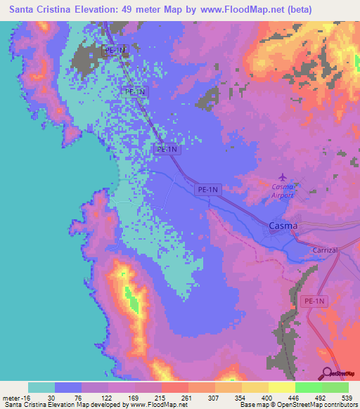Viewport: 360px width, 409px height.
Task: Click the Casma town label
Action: [x=283, y=226]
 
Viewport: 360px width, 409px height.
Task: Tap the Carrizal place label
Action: [x=325, y=250]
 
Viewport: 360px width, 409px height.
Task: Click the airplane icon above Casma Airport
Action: [x=283, y=176]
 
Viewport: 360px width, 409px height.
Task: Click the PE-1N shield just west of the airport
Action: [x=207, y=189]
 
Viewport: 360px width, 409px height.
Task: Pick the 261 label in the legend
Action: [x=188, y=397]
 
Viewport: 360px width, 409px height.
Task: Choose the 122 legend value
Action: [x=108, y=397]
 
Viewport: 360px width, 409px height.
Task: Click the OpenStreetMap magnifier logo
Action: [x=325, y=372]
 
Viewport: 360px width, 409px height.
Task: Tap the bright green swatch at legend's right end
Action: [x=335, y=387]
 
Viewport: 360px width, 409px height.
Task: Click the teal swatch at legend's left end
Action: [x=41, y=387]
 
